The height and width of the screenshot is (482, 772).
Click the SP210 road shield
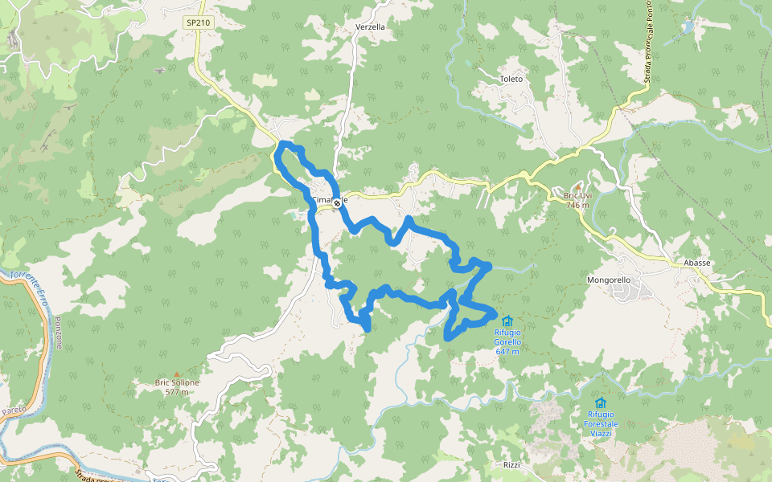[198, 22]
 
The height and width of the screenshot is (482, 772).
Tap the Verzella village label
[370, 27]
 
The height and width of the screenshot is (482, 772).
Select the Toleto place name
[511, 79]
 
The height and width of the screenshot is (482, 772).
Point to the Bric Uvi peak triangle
[577, 186]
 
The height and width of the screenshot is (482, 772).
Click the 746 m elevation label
[577, 205]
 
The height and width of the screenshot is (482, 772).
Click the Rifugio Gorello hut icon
[507, 321]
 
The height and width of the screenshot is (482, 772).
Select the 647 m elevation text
[507, 351]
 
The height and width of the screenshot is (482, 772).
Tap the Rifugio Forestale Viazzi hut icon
[600, 402]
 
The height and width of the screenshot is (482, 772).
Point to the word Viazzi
[600, 433]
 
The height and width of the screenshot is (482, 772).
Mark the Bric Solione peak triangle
[177, 374]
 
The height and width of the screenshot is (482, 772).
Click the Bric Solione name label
[177, 383]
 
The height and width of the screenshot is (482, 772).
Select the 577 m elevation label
[177, 392]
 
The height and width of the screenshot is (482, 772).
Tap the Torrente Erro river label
[29, 282]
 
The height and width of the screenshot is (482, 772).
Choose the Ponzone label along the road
[58, 331]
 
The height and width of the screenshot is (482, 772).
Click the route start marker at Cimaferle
[338, 204]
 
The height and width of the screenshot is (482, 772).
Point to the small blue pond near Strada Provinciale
[688, 27]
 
